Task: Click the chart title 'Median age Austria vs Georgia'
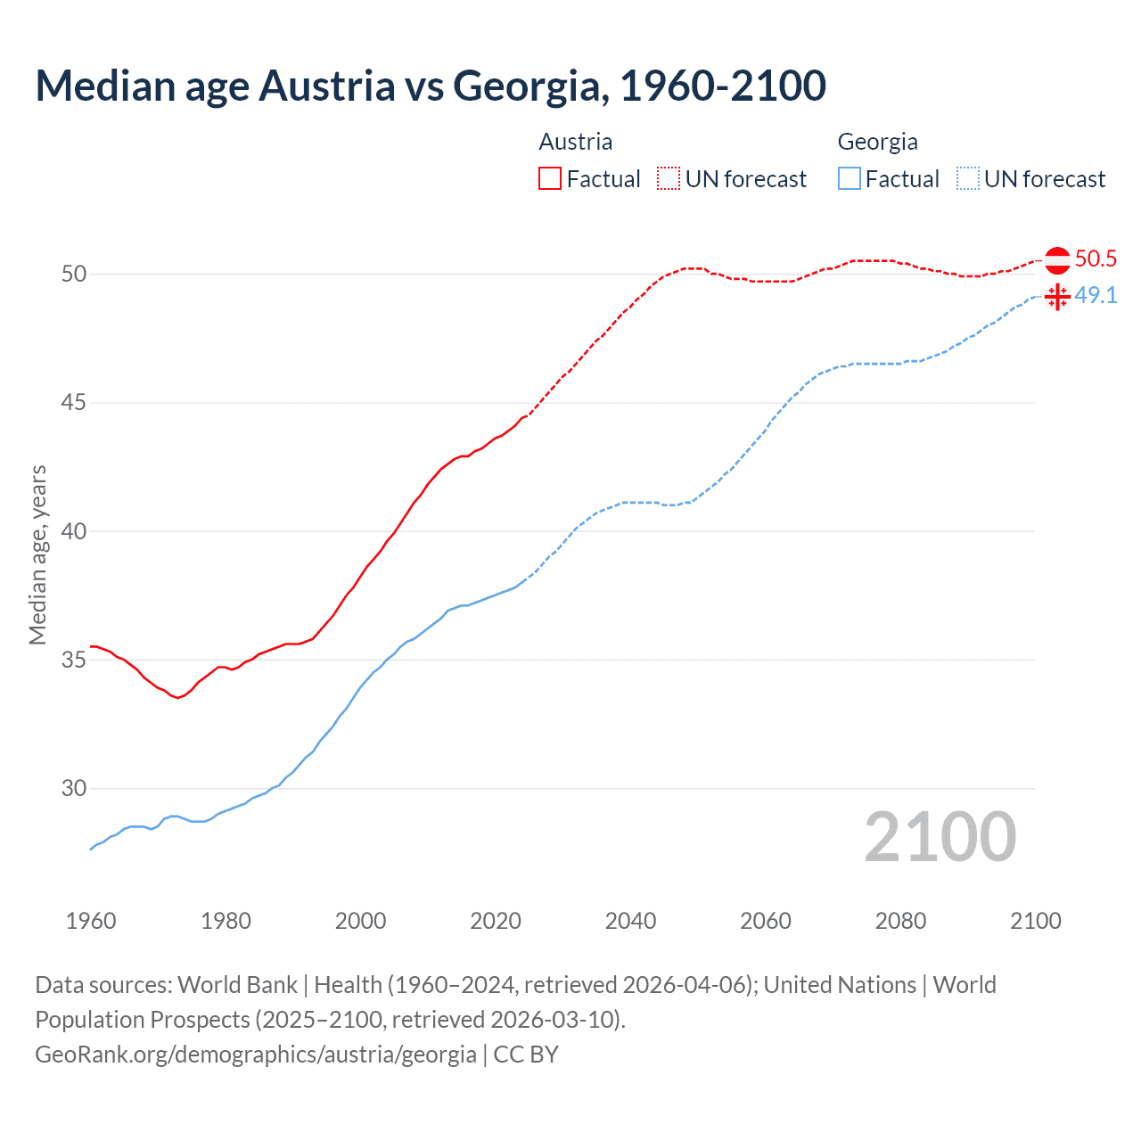click(x=431, y=86)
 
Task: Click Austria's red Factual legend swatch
click(x=550, y=179)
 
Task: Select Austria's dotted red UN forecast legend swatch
click(x=669, y=179)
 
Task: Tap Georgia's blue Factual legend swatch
click(x=850, y=179)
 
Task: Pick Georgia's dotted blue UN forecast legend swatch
click(x=968, y=179)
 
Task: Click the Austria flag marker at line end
click(x=1057, y=260)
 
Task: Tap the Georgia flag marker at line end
click(x=1057, y=297)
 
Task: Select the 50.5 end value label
click(x=1096, y=259)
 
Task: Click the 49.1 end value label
click(x=1096, y=296)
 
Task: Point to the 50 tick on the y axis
click(x=74, y=274)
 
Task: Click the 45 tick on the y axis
click(x=74, y=403)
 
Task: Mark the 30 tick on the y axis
click(x=74, y=789)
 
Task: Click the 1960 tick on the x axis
click(x=91, y=921)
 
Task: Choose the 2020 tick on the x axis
click(x=496, y=921)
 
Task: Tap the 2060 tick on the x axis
click(x=766, y=921)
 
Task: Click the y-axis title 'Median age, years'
click(x=37, y=554)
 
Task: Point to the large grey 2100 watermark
click(x=940, y=837)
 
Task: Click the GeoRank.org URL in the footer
click(x=256, y=1055)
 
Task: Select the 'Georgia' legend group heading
click(x=877, y=142)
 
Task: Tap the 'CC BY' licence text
click(x=526, y=1055)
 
